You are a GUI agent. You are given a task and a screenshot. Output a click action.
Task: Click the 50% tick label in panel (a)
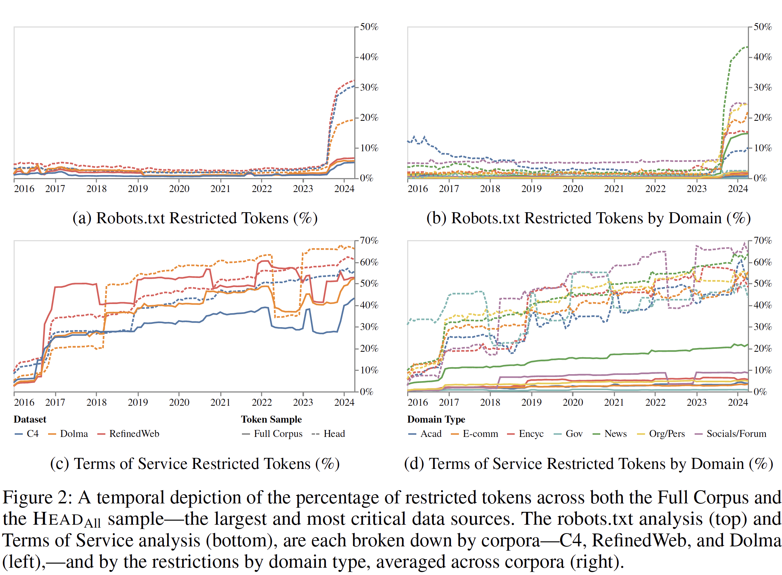click(369, 27)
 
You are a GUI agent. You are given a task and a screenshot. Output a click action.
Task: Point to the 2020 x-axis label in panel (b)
click(573, 189)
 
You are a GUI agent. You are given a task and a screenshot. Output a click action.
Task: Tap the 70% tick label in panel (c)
click(369, 241)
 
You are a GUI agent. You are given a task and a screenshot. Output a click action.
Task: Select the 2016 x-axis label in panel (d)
click(417, 402)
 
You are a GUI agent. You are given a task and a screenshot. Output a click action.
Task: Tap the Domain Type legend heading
click(436, 419)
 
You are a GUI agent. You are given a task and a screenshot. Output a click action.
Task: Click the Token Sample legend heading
click(271, 419)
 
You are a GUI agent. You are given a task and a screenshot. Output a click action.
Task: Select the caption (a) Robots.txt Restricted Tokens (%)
click(195, 218)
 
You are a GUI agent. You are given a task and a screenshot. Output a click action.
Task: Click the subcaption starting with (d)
click(589, 464)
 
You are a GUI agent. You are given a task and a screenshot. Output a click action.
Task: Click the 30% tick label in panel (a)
click(369, 87)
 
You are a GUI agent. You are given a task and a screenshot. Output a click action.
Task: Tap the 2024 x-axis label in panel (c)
click(344, 402)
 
